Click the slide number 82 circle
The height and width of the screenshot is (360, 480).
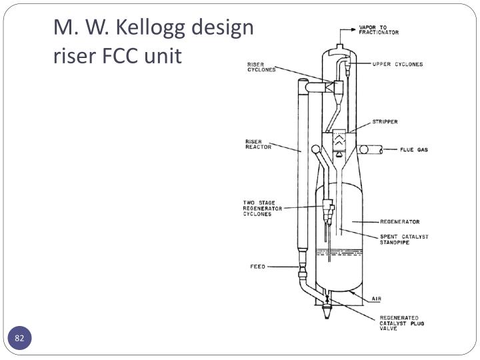pos(19,338)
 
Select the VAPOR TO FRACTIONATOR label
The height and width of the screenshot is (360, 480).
pos(379,30)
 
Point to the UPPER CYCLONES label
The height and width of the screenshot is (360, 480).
pos(397,64)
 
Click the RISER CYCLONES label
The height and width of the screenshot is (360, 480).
pos(261,67)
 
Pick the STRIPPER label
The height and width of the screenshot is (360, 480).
pos(385,121)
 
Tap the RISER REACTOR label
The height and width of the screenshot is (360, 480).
pos(259,144)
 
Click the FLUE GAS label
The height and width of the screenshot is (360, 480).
pos(414,150)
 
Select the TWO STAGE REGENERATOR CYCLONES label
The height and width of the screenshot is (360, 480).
pos(263,209)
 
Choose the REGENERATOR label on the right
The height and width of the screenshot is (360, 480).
pos(400,221)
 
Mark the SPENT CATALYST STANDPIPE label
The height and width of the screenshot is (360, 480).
pos(404,239)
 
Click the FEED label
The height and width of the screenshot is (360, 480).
pos(258,267)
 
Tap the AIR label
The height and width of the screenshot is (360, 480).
pos(377,299)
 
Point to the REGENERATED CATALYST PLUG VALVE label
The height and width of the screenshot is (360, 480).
pos(401,323)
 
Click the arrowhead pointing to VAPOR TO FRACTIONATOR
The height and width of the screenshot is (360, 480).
pos(353,30)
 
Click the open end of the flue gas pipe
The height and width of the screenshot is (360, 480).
pos(381,150)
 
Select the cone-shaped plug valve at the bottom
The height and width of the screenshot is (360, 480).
pos(327,311)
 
